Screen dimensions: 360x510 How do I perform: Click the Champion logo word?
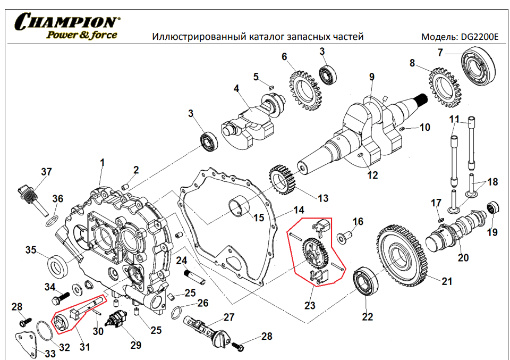67,22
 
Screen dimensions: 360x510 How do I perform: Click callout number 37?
47,171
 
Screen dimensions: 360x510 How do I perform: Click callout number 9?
372,76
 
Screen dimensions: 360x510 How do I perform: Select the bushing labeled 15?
239,207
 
